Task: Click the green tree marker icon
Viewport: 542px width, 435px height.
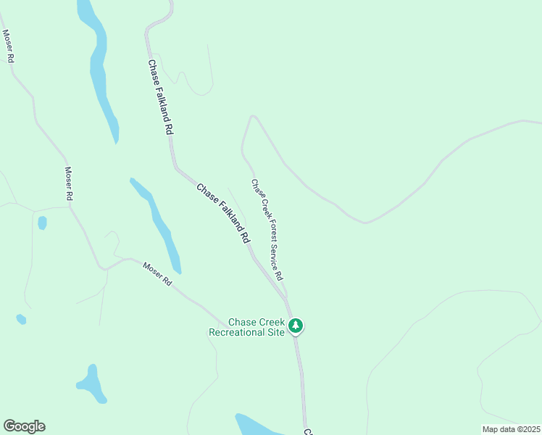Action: [295, 326]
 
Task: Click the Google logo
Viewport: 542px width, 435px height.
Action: [24, 426]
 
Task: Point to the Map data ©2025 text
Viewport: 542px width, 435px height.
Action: [511, 429]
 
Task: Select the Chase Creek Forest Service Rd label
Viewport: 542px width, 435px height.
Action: [267, 230]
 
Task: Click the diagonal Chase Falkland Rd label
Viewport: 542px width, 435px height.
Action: [225, 212]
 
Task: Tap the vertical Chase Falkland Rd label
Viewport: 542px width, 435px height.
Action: [160, 97]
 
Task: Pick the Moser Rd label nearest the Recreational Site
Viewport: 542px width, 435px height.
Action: [157, 273]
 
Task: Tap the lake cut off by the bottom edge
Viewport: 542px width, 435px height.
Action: [257, 426]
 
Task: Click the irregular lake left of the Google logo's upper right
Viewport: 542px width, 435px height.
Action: [92, 384]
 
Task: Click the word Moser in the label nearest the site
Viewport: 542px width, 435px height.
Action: [152, 270]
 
